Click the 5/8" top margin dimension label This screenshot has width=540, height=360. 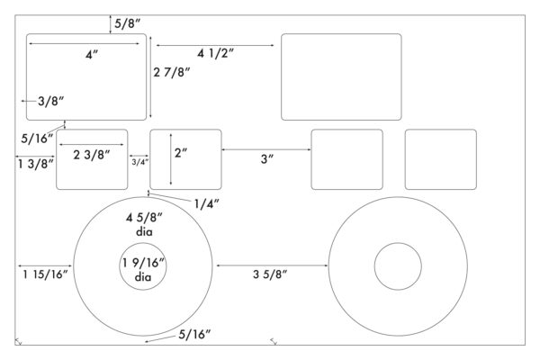tap(128, 23)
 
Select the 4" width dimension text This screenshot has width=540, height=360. tap(92, 55)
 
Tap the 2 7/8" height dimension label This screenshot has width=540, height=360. tap(172, 72)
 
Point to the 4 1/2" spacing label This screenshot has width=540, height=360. tap(216, 53)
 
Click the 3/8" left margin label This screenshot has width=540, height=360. tap(51, 102)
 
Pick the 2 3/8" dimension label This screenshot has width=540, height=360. tap(92, 155)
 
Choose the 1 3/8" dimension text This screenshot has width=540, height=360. tap(36, 164)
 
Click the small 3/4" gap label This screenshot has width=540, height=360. tap(139, 162)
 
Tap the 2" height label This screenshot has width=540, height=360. tap(181, 153)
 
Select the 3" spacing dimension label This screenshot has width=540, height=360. tap(267, 159)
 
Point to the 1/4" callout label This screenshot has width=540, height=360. tap(206, 204)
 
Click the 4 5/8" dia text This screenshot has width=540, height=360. tap(144, 224)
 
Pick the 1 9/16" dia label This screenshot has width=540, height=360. tap(144, 270)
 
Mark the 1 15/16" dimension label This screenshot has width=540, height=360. tap(46, 274)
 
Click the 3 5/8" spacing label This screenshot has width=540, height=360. tap(270, 274)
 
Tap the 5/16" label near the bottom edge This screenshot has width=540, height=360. tap(194, 335)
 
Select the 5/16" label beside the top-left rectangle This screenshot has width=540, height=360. tap(37, 139)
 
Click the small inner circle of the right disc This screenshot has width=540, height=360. tap(398, 243)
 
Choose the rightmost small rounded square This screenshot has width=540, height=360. tap(441, 130)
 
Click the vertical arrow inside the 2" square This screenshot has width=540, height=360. tap(171, 159)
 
